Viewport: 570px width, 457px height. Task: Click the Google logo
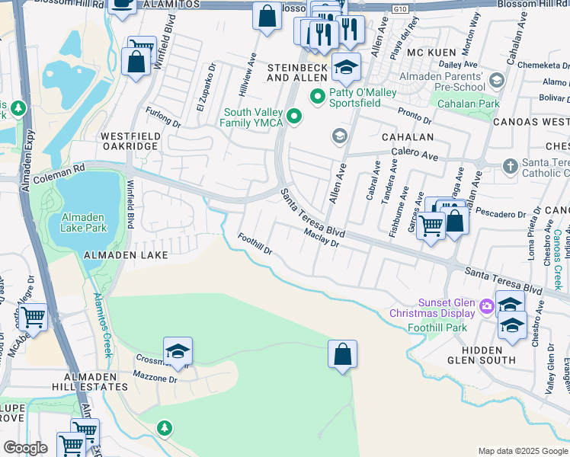[25, 448]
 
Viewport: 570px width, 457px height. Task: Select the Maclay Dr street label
[321, 238]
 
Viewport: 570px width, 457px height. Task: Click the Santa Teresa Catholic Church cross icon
[510, 165]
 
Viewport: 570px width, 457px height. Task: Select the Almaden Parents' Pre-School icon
[497, 80]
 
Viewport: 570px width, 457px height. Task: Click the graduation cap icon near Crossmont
[178, 351]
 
